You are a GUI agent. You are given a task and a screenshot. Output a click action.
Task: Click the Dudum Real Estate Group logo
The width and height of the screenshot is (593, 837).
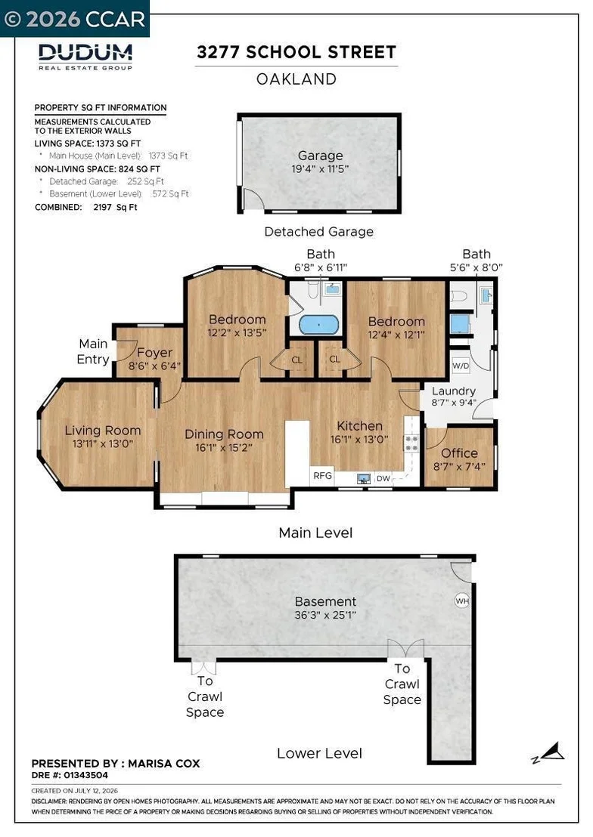(85, 57)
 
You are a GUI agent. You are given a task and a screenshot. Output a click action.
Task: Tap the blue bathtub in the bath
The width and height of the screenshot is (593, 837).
(318, 325)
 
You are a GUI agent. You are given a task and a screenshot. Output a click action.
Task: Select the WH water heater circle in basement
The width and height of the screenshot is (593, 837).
(462, 601)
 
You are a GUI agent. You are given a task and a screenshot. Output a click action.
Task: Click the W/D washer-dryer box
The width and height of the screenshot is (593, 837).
(461, 366)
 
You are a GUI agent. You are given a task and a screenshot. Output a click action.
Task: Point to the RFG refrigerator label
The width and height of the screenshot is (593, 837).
(322, 476)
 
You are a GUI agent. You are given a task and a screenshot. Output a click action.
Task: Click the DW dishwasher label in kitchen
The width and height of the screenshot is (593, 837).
(383, 478)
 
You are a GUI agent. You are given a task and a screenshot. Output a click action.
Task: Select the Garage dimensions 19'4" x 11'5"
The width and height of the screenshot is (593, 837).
(320, 169)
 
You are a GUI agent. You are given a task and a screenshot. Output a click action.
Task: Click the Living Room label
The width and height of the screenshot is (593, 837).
(103, 431)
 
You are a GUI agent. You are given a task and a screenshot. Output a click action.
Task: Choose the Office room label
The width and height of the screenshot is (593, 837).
(459, 453)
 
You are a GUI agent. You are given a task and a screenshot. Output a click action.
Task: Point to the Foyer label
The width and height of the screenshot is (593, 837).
(154, 353)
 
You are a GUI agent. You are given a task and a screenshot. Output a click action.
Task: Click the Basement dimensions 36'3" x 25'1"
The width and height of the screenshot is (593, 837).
(325, 615)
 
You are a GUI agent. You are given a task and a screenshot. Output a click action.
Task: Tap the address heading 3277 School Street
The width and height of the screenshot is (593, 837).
(296, 52)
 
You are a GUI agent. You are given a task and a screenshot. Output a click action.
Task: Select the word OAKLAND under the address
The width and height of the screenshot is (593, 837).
(296, 79)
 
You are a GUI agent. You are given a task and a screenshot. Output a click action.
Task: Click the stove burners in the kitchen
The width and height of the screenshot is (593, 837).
(411, 443)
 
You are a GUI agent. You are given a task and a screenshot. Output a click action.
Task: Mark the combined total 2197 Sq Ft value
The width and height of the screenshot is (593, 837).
(115, 207)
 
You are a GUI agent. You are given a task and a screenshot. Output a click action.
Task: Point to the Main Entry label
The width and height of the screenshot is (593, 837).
(93, 351)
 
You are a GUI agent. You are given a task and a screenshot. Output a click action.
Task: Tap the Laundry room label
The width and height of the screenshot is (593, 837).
(453, 391)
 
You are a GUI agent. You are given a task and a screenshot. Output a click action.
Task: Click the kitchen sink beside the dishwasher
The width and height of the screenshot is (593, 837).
(364, 478)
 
